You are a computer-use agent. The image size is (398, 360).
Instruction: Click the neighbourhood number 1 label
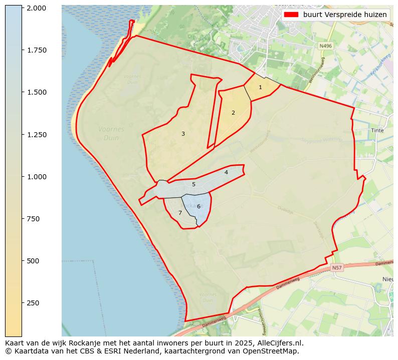pos(260,88)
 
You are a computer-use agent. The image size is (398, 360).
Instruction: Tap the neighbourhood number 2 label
pos(233,113)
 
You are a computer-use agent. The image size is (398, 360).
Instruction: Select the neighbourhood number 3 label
pos(183,134)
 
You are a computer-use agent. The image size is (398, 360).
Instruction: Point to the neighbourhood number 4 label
pos(226,173)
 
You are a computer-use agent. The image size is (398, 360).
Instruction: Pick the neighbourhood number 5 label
pos(193,185)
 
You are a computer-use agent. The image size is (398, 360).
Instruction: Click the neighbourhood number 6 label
pos(198,207)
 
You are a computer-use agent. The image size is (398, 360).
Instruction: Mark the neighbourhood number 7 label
pos(180,213)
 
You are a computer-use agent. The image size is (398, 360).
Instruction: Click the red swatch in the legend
pos(291,15)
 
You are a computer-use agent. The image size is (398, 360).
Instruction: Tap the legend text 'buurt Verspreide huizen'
pos(345,15)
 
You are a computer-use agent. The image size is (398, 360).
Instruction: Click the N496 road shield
pos(326,46)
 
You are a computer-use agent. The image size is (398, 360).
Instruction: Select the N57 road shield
pos(337,268)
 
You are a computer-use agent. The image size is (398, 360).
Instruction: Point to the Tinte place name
pos(377,131)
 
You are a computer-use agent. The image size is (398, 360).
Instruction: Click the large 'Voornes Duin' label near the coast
pos(111,133)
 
